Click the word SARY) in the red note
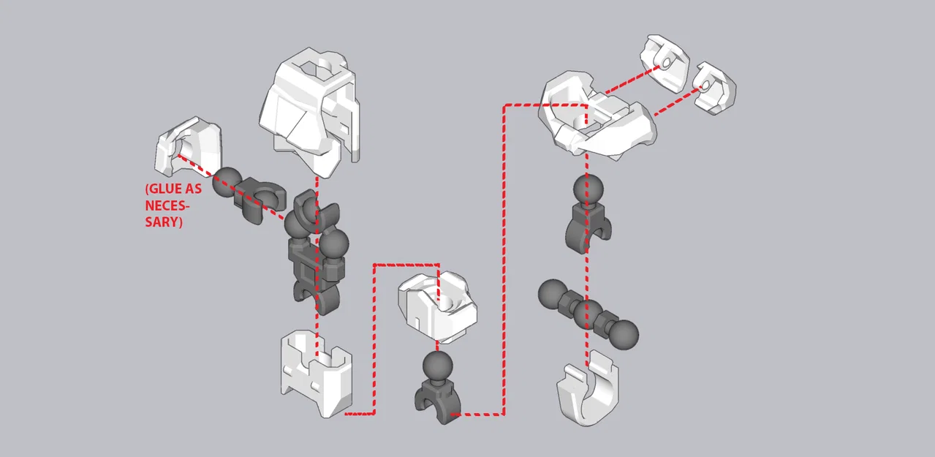coord(163,221)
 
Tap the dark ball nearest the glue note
coord(227,181)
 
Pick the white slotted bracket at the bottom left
coord(316,372)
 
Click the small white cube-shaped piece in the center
coord(436,306)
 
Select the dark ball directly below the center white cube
coord(437,366)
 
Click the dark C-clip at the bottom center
coord(437,403)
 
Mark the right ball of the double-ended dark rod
coord(623,334)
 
